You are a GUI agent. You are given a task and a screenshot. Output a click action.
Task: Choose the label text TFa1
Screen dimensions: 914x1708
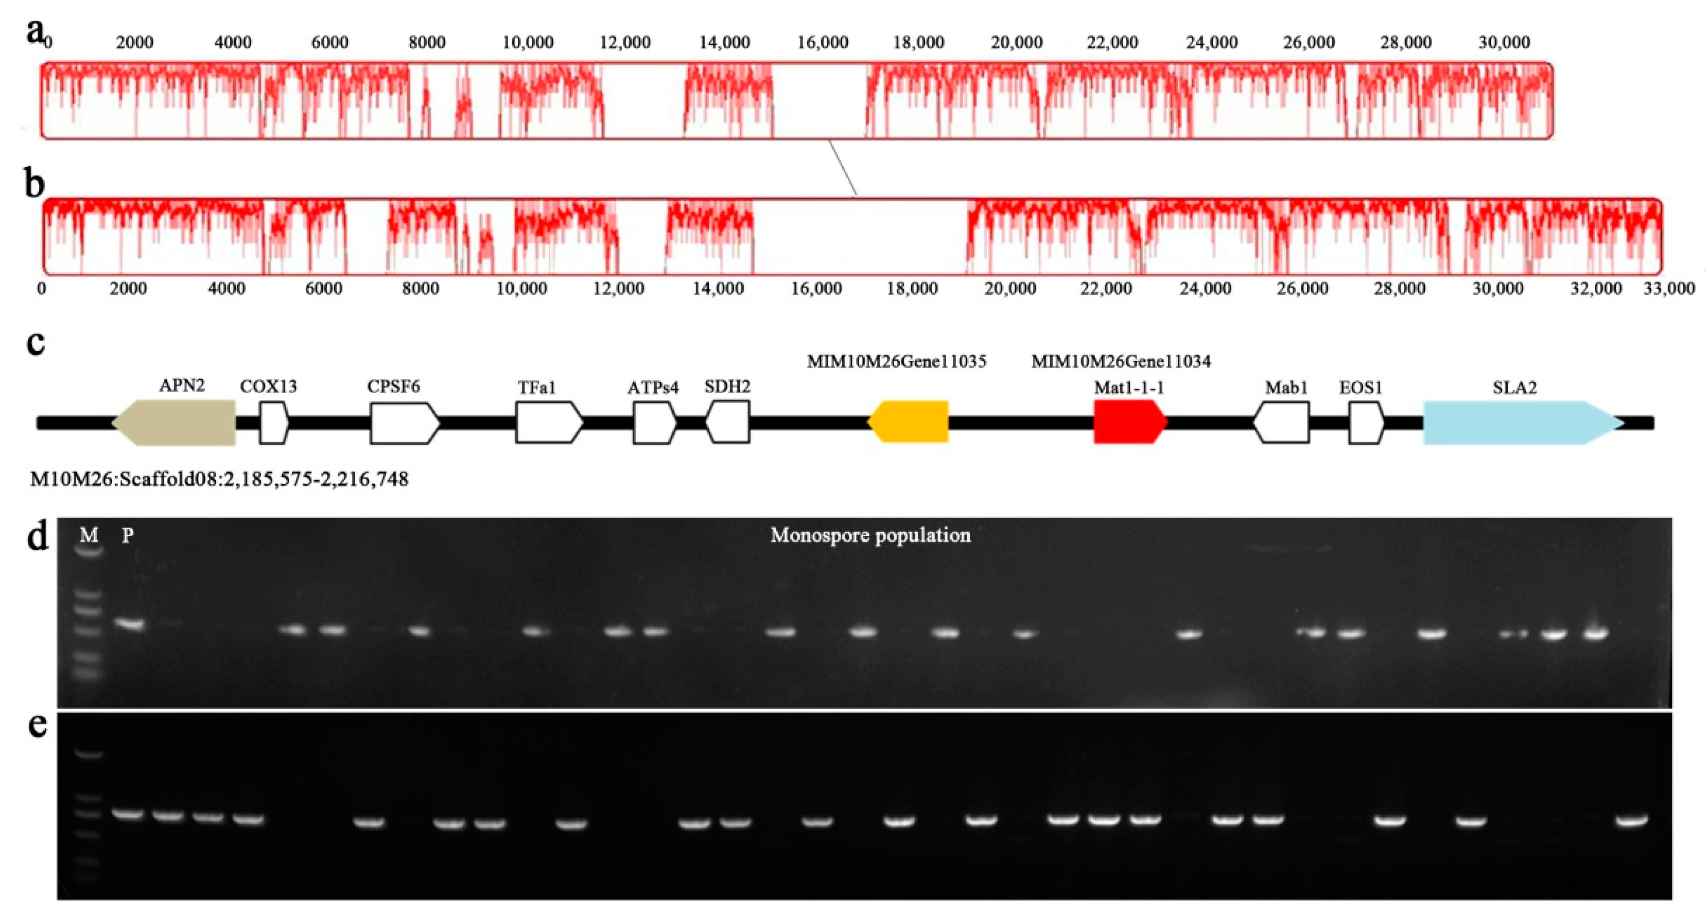pyautogui.click(x=536, y=387)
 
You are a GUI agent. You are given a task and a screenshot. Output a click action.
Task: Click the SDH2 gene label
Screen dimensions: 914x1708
pyautogui.click(x=727, y=386)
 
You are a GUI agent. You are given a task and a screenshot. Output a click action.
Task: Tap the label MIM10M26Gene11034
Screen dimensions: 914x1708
pyautogui.click(x=1121, y=362)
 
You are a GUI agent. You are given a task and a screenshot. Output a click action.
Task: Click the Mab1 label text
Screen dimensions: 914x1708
pyautogui.click(x=1286, y=387)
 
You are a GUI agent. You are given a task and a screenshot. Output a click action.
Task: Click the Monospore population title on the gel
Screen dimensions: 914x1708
pyautogui.click(x=870, y=535)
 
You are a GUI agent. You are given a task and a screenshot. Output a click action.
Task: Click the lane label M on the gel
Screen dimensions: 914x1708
pyautogui.click(x=89, y=535)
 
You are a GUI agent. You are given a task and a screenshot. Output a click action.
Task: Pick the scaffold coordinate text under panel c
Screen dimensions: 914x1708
pyautogui.click(x=219, y=479)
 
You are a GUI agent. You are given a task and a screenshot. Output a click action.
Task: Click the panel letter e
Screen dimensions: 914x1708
pyautogui.click(x=37, y=725)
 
